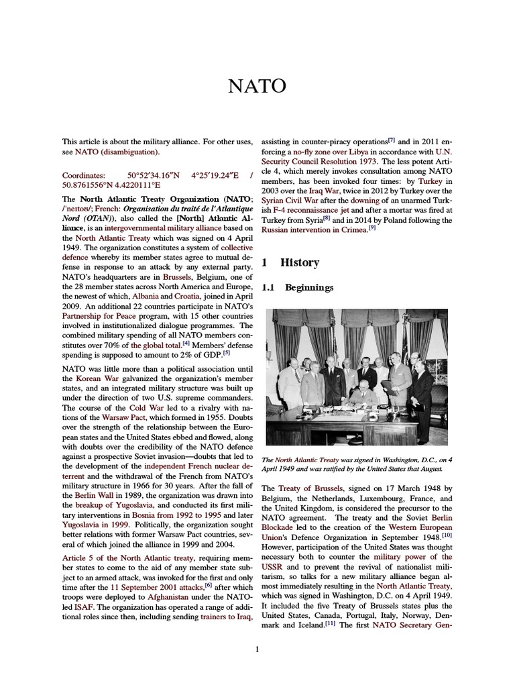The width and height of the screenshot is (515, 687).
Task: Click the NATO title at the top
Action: (257, 87)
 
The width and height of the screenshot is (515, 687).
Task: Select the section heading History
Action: (299, 262)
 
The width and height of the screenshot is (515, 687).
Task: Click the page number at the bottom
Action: (257, 649)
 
